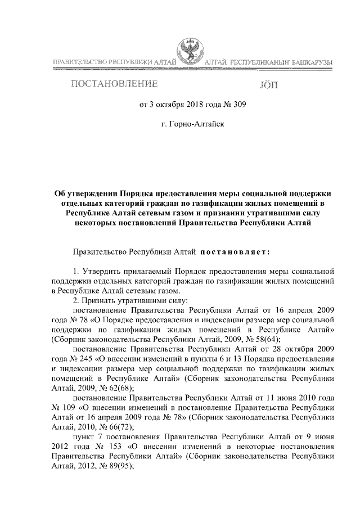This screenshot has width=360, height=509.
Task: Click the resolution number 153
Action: click(x=120, y=445)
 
